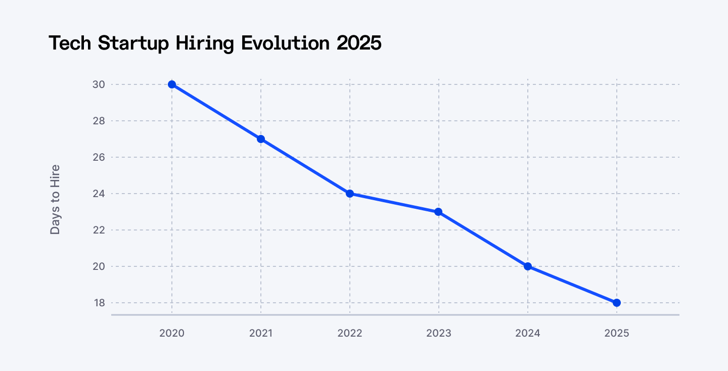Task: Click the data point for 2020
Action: pyautogui.click(x=172, y=84)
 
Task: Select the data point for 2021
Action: pyautogui.click(x=261, y=139)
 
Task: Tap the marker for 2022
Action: pyautogui.click(x=350, y=194)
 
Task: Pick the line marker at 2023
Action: pyautogui.click(x=439, y=212)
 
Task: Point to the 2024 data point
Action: pyautogui.click(x=528, y=266)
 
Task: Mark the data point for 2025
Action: pyautogui.click(x=617, y=303)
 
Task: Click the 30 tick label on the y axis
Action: pyautogui.click(x=99, y=84)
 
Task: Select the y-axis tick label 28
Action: pyautogui.click(x=99, y=121)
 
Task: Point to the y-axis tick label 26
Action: pyautogui.click(x=99, y=157)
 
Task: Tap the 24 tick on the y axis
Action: pyautogui.click(x=99, y=194)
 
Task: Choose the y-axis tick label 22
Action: pyautogui.click(x=99, y=230)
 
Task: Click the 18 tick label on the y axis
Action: pyautogui.click(x=99, y=303)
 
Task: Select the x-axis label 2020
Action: pyautogui.click(x=172, y=333)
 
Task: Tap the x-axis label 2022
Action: pyautogui.click(x=350, y=333)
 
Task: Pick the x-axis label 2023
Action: pyautogui.click(x=439, y=333)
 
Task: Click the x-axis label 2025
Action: pyautogui.click(x=617, y=333)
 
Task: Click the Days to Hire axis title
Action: pyautogui.click(x=55, y=199)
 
